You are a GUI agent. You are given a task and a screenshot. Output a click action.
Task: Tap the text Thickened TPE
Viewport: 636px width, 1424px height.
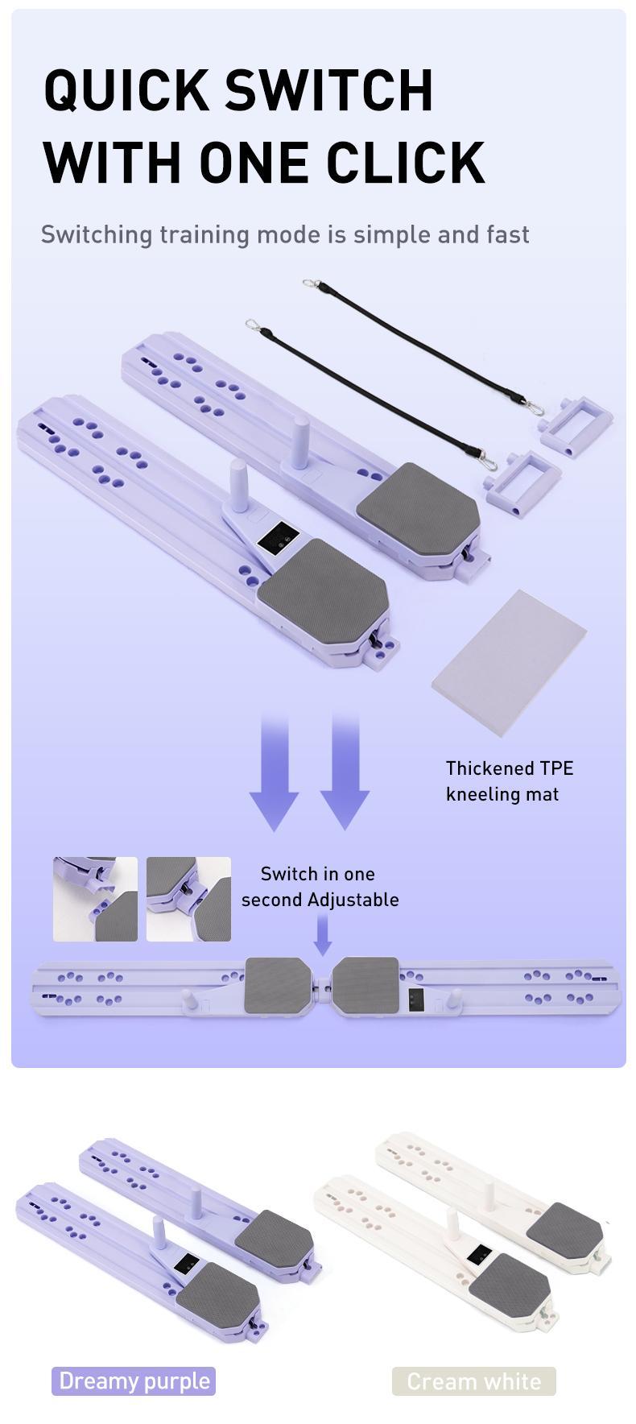pyautogui.click(x=510, y=768)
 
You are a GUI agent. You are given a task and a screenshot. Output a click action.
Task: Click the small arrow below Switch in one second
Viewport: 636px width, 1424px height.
pyautogui.click(x=322, y=938)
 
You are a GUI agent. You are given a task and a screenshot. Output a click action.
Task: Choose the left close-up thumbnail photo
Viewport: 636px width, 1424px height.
pyautogui.click(x=95, y=899)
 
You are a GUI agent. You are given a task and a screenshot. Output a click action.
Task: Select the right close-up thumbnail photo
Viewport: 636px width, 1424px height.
pyautogui.click(x=188, y=899)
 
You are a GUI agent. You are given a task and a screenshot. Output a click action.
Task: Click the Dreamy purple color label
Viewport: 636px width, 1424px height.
pyautogui.click(x=134, y=1381)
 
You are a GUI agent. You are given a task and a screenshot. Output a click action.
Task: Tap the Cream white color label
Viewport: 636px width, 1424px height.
pyautogui.click(x=473, y=1381)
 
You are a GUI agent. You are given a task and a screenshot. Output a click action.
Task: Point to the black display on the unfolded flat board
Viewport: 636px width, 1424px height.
pyautogui.click(x=416, y=1000)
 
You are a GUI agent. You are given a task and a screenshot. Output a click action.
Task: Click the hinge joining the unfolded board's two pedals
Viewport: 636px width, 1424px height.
pyautogui.click(x=321, y=983)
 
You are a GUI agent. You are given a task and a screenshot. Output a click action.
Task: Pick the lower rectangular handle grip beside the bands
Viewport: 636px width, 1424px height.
pyautogui.click(x=522, y=478)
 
